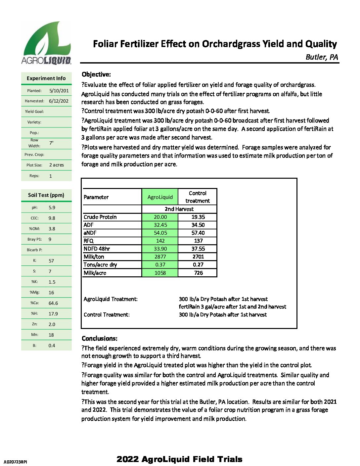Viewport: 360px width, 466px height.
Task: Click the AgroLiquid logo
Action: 46,42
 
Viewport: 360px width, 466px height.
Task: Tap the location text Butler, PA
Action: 322,57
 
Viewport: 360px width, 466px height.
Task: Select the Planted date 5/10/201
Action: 59,91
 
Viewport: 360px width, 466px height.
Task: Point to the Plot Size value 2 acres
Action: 57,165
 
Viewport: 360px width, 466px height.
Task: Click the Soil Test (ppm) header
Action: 46,195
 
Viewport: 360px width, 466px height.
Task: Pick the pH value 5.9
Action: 52,208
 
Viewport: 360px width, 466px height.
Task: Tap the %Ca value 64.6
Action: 53,303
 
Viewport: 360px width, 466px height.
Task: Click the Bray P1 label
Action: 34,239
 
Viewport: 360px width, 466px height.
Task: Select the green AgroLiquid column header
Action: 160,197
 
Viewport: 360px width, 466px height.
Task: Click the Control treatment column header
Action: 198,197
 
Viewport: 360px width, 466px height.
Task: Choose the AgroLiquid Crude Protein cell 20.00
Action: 160,217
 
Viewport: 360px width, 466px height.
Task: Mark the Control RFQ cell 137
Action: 198,241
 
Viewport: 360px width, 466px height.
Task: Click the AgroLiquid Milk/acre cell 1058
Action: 160,273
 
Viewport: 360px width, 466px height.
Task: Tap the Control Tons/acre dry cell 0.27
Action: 198,265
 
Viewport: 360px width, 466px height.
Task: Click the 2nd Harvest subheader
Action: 179,209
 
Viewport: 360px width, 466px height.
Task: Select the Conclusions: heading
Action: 99,339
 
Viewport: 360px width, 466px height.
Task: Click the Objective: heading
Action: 96,74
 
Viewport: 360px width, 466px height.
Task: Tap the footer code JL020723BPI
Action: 15,462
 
